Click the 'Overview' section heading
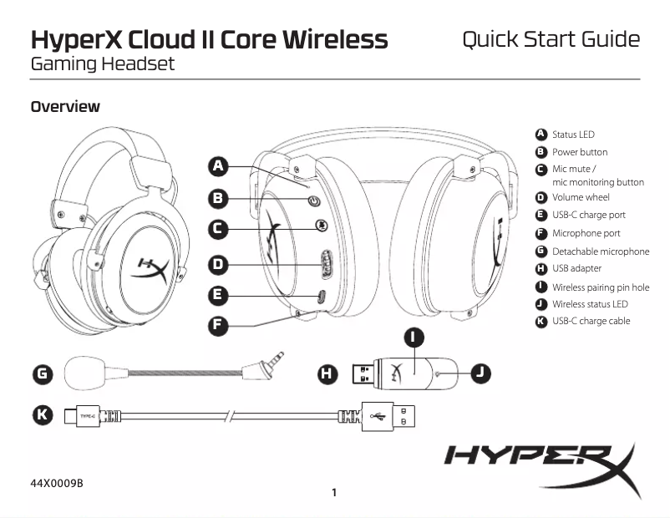click(x=65, y=107)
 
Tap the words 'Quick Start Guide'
click(x=551, y=39)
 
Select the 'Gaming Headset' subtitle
click(x=103, y=64)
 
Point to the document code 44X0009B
click(x=57, y=484)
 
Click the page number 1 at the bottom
click(x=334, y=492)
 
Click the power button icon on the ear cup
click(x=314, y=201)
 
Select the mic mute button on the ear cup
click(x=321, y=226)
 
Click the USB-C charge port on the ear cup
click(x=321, y=295)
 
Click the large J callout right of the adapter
click(x=480, y=373)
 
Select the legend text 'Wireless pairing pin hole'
click(x=600, y=287)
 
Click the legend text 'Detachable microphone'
click(x=600, y=251)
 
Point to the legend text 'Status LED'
click(x=573, y=135)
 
